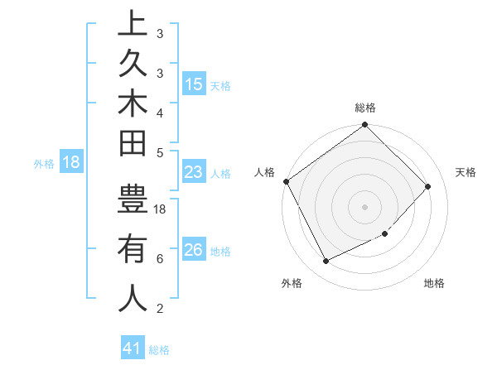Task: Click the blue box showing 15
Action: coord(193,84)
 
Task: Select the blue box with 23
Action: coord(193,173)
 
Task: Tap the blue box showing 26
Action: coord(193,251)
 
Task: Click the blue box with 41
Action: coord(133,348)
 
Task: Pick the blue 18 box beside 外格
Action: coord(71,162)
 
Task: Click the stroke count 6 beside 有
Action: coord(159,259)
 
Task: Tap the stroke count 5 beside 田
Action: coord(159,151)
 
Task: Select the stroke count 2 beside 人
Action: coord(159,309)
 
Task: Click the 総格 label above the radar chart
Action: coord(365,108)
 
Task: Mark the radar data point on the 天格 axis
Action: coord(428,186)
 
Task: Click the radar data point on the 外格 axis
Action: coord(326,262)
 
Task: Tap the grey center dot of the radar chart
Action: coord(365,206)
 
